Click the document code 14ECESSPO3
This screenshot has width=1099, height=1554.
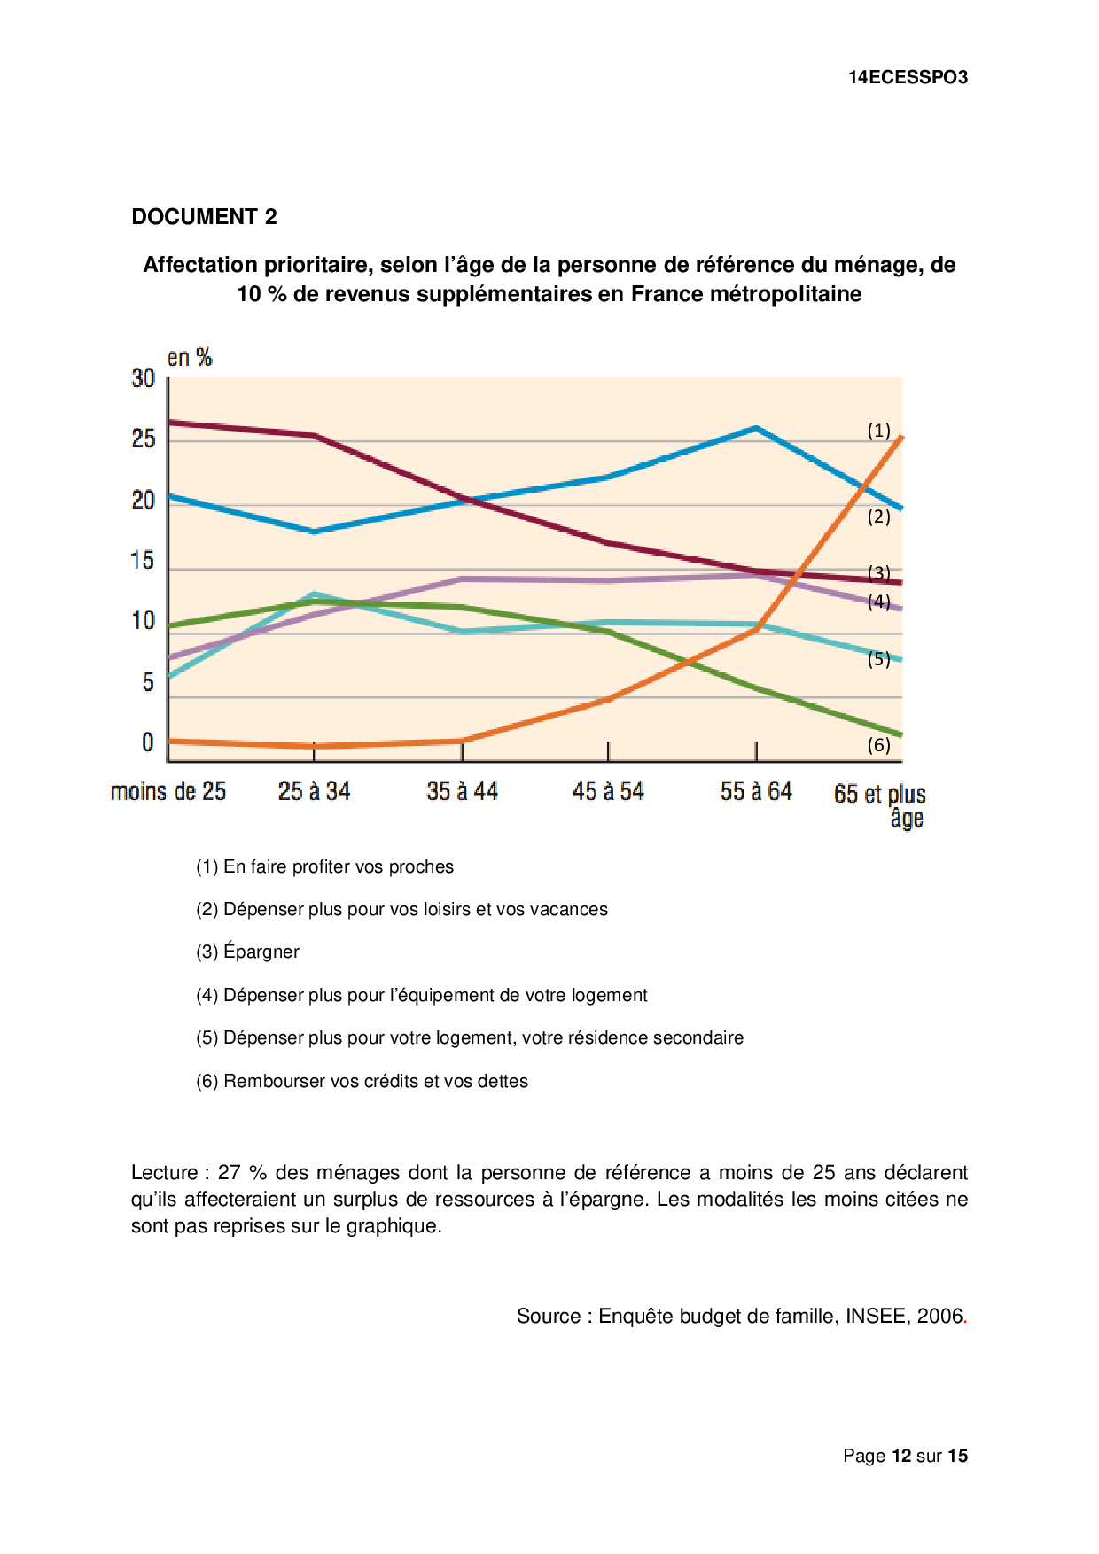tap(908, 77)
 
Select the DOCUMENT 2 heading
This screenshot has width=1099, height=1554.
tap(204, 217)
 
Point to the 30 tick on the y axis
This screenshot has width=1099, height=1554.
tap(144, 379)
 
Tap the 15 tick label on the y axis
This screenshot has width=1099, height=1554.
tap(143, 561)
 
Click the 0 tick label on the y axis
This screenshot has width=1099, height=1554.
tap(148, 742)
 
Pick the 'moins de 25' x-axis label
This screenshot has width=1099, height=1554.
tap(168, 791)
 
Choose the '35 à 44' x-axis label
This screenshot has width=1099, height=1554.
tap(462, 791)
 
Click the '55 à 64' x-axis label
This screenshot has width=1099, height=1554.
tap(755, 791)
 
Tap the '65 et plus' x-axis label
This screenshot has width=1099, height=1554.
tap(879, 794)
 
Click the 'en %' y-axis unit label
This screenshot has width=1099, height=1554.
tap(190, 357)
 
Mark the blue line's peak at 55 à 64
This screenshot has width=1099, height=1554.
tap(755, 429)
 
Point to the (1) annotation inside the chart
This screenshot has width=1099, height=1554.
tap(878, 431)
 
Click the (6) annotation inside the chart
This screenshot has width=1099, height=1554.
tap(878, 745)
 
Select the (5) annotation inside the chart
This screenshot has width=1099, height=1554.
tap(878, 659)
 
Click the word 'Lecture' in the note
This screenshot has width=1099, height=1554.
tap(165, 1173)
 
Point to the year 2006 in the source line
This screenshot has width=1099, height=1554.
tap(939, 1316)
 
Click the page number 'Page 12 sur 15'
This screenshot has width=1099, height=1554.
tap(905, 1456)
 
